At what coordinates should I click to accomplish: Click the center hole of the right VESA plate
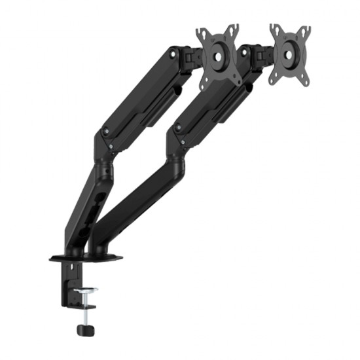point(289,53)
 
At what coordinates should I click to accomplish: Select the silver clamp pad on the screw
point(85,290)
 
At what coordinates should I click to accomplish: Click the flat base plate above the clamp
point(85,257)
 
